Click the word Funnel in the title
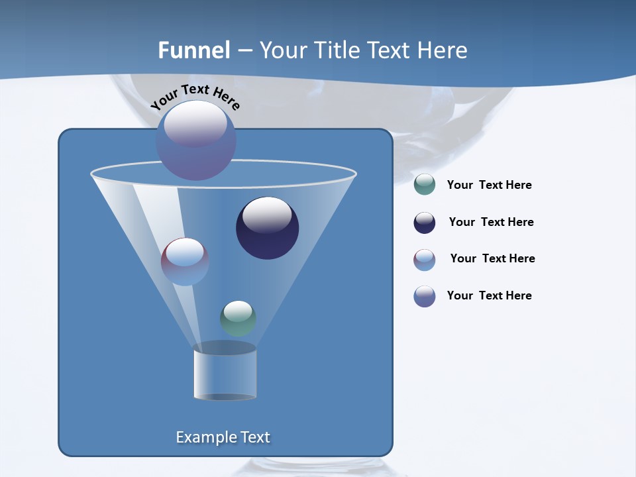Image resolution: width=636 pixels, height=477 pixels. [x=193, y=50]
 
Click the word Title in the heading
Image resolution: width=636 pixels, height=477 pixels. [x=337, y=50]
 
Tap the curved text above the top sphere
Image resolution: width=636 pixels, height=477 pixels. [x=195, y=97]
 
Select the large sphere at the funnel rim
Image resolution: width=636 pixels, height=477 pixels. [x=196, y=140]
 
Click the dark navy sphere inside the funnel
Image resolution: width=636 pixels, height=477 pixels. [x=268, y=229]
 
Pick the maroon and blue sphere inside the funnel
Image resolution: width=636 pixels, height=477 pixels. [x=185, y=262]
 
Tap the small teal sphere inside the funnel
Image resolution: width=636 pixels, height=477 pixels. [x=238, y=319]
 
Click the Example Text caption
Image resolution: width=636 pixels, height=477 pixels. [x=223, y=437]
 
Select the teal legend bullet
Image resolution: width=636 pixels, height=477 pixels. [x=425, y=184]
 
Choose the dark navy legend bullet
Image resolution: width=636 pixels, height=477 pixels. [x=425, y=223]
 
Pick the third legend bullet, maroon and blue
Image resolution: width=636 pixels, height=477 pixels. [x=425, y=260]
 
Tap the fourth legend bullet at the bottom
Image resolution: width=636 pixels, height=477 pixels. [x=425, y=296]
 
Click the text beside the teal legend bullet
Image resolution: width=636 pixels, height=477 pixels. [x=489, y=185]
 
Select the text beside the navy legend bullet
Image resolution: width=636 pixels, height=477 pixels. [x=491, y=222]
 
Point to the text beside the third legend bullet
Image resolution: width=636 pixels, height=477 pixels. [x=492, y=258]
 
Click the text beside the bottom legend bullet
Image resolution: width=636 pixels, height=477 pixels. [x=489, y=295]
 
